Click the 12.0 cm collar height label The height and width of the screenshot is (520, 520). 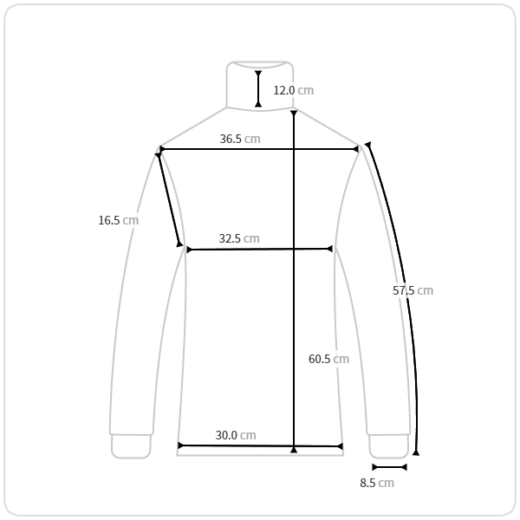pos(294,90)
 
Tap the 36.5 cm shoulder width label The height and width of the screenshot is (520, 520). pos(240,139)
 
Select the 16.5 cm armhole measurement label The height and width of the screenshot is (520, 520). pos(119,220)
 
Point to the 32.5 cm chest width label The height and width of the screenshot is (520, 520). pos(239,238)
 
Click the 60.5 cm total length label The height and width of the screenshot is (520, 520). pos(328,359)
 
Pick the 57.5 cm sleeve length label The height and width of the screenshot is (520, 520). pos(413,290)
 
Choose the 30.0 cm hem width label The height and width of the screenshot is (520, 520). pos(236,435)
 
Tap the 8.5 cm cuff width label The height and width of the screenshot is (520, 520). pos(377,483)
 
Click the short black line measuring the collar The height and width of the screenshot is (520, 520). pos(258,89)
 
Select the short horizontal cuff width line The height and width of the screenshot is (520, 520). pos(390,467)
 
